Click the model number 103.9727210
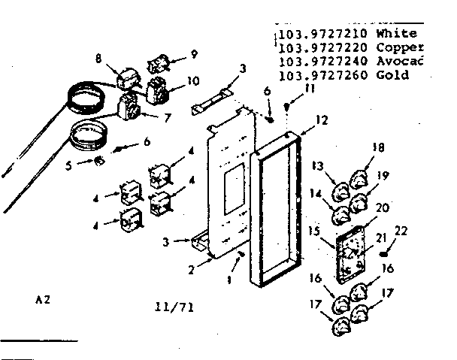[322, 35]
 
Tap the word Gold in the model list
[393, 75]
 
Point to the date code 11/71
[174, 307]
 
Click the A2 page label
[44, 298]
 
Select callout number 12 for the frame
[322, 119]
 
